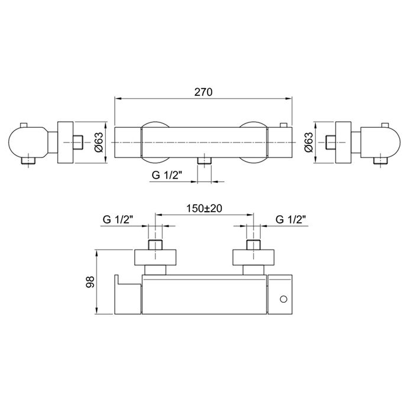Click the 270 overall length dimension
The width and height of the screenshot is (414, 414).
coord(203,92)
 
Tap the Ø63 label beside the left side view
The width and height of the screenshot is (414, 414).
coord(99,142)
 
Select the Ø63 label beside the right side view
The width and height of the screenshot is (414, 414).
coord(308,142)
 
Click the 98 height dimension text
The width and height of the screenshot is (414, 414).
coord(90,282)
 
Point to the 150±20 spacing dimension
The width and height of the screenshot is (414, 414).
coord(205,209)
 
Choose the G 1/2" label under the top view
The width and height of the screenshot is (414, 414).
coord(167,175)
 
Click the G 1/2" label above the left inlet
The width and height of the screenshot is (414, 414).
coord(118,219)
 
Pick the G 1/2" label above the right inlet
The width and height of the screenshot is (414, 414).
coord(291,219)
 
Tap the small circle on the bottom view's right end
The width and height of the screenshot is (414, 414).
coord(283,299)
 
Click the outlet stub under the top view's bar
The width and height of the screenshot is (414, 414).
coord(205,161)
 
